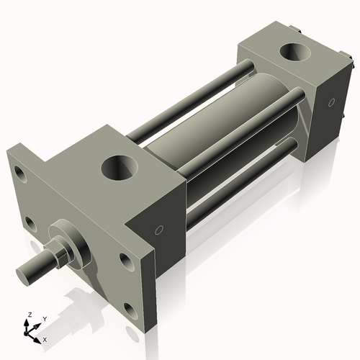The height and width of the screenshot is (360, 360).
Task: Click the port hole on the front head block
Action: (x=120, y=167)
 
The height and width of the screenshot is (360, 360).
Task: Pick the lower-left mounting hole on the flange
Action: (x=30, y=224)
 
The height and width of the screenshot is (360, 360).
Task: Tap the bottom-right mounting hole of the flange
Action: (x=130, y=310)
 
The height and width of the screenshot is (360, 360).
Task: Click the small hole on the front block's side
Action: (x=159, y=230)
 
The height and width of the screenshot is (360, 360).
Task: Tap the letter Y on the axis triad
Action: (x=44, y=318)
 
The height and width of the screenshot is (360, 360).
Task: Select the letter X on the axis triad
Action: (x=45, y=338)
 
